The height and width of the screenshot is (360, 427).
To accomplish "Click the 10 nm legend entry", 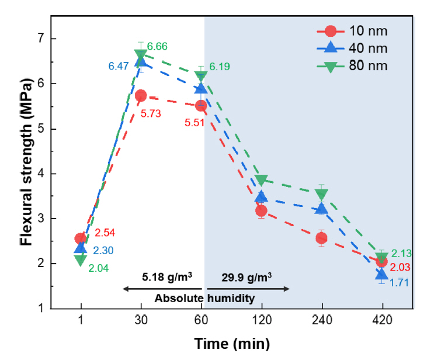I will click(x=350, y=30).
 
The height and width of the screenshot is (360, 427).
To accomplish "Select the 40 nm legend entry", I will click(x=350, y=47).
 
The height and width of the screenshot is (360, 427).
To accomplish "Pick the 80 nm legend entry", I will click(x=350, y=65).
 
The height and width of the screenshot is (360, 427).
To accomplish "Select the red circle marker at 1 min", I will click(x=81, y=238).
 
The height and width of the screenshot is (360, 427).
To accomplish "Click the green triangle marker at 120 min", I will click(x=261, y=180).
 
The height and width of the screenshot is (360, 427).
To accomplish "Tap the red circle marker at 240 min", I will click(x=321, y=238).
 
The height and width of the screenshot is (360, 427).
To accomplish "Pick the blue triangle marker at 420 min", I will click(x=382, y=274).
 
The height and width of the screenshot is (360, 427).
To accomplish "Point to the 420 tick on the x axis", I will click(x=382, y=320).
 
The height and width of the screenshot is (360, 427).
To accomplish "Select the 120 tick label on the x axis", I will click(x=261, y=320).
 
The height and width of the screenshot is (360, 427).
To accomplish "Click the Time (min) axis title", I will click(x=232, y=344).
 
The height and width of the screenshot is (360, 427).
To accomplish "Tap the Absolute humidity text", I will click(x=205, y=299).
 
